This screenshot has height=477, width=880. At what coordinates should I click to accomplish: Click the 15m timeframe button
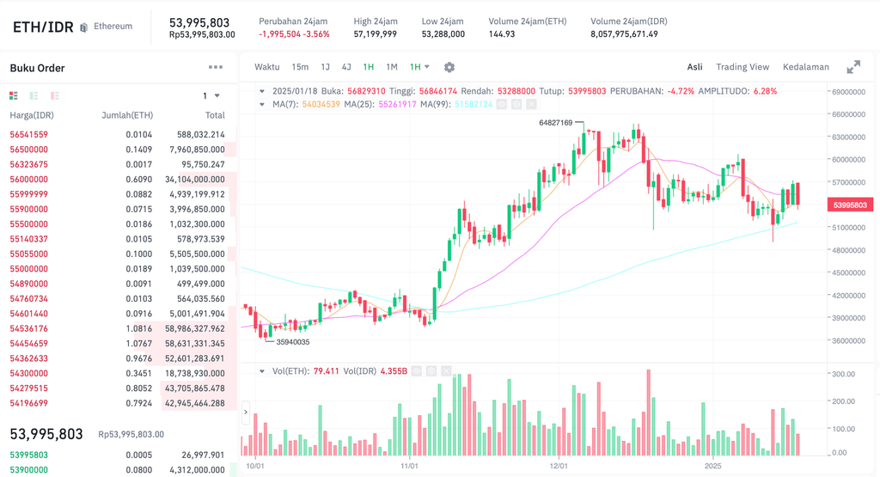pyautogui.click(x=300, y=67)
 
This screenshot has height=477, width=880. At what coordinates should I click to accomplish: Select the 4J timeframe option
pyautogui.click(x=346, y=67)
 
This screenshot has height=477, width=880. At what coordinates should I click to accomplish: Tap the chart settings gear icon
pyautogui.click(x=449, y=67)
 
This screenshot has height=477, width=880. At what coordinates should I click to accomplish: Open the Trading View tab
pyautogui.click(x=742, y=67)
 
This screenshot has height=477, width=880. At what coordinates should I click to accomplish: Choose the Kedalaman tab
pyautogui.click(x=805, y=67)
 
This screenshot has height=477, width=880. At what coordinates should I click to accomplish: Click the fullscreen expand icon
pyautogui.click(x=853, y=67)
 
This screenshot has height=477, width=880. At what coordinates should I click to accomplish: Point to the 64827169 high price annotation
pyautogui.click(x=555, y=123)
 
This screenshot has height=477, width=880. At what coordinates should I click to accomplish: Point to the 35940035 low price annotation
pyautogui.click(x=292, y=342)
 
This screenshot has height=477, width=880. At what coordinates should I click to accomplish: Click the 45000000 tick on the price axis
pyautogui.click(x=849, y=273)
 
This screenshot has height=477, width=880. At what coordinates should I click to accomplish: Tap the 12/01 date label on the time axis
pyautogui.click(x=559, y=466)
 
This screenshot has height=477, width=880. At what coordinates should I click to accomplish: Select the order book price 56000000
pyautogui.click(x=28, y=179)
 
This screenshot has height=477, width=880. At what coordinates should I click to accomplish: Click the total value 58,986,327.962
pyautogui.click(x=194, y=328)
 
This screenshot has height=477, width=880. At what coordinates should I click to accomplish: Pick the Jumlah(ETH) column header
pyautogui.click(x=127, y=115)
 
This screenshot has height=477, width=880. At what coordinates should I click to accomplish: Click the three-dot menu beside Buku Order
pyautogui.click(x=215, y=67)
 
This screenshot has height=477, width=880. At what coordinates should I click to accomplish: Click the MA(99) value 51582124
pyautogui.click(x=474, y=104)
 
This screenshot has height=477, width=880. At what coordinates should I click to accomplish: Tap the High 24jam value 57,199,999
pyautogui.click(x=375, y=34)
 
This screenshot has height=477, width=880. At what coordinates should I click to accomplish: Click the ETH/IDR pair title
pyautogui.click(x=42, y=27)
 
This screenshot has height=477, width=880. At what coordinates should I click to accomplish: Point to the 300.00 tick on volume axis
pyautogui.click(x=844, y=374)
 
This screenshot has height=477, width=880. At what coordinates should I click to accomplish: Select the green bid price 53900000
pyautogui.click(x=28, y=470)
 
